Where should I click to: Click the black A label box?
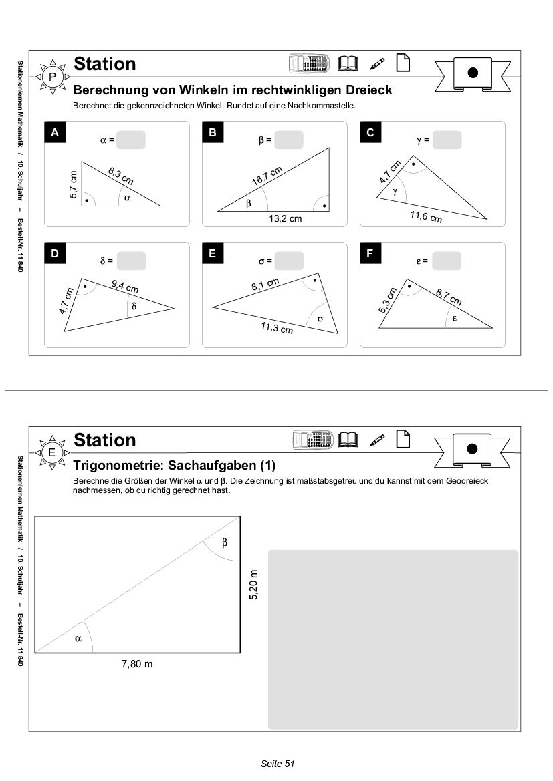click(55, 133)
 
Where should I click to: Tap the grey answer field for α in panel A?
click(131, 140)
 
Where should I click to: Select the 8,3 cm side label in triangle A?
click(121, 176)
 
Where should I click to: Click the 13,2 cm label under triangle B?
click(286, 219)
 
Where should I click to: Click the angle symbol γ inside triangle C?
click(395, 191)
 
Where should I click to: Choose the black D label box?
click(55, 254)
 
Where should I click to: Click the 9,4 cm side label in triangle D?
click(124, 287)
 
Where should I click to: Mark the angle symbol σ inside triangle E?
click(320, 319)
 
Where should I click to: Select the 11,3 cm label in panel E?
click(277, 327)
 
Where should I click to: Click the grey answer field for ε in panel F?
click(447, 261)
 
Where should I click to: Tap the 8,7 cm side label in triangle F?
click(449, 296)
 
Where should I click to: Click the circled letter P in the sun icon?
click(52, 77)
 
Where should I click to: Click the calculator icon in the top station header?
click(310, 63)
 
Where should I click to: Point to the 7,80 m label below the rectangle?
click(137, 664)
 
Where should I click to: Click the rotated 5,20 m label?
click(253, 585)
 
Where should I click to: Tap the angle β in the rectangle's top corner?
click(225, 542)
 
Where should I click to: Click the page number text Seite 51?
click(278, 763)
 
